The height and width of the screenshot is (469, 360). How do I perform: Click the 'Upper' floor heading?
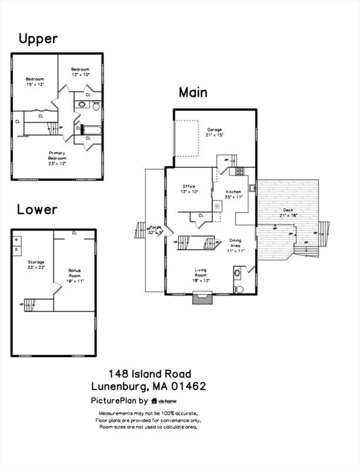pyautogui.click(x=38, y=39)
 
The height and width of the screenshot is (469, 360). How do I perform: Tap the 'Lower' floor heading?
pyautogui.click(x=37, y=209)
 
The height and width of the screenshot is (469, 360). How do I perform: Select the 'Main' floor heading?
pyautogui.click(x=193, y=92)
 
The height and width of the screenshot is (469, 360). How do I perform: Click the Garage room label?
pyautogui.click(x=214, y=129)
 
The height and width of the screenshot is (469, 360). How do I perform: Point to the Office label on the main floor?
pyautogui.click(x=189, y=186)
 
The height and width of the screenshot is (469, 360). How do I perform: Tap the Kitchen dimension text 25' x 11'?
pyautogui.click(x=234, y=197)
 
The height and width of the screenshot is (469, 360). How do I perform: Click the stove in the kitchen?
pyautogui.click(x=240, y=172)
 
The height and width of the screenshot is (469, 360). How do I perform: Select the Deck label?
pyautogui.click(x=287, y=210)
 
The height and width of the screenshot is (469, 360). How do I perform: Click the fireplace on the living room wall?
pyautogui.click(x=202, y=298)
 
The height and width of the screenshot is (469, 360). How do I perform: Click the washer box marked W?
pyautogui.click(x=16, y=240)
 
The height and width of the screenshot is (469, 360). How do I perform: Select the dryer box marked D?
pyautogui.click(x=16, y=249)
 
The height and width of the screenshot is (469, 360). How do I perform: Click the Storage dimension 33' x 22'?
pyautogui.click(x=36, y=267)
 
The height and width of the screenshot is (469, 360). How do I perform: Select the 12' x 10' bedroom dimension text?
pyautogui.click(x=80, y=75)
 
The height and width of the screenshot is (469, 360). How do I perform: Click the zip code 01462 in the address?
pyautogui.click(x=188, y=386)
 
